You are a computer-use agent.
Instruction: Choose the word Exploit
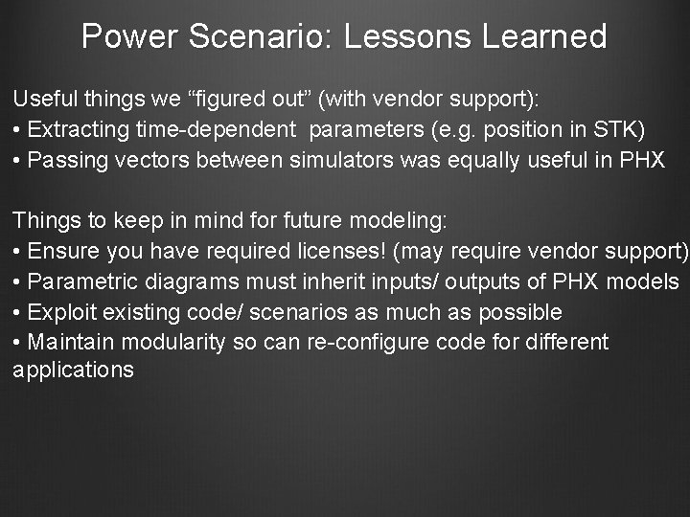tap(60, 313)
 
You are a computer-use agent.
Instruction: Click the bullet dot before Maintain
tap(17, 343)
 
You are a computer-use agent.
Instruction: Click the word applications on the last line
tap(74, 371)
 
